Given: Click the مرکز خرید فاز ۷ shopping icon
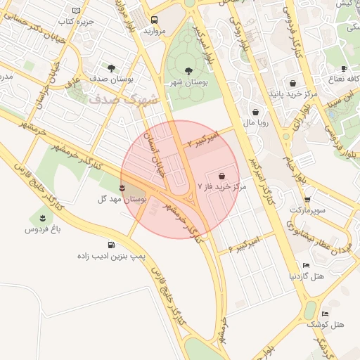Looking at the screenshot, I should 222,175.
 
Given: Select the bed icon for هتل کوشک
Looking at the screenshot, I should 324,314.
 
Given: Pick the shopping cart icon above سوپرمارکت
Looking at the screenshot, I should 307,199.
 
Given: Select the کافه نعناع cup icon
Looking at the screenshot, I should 344,68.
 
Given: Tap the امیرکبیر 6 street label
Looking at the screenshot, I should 244,244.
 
